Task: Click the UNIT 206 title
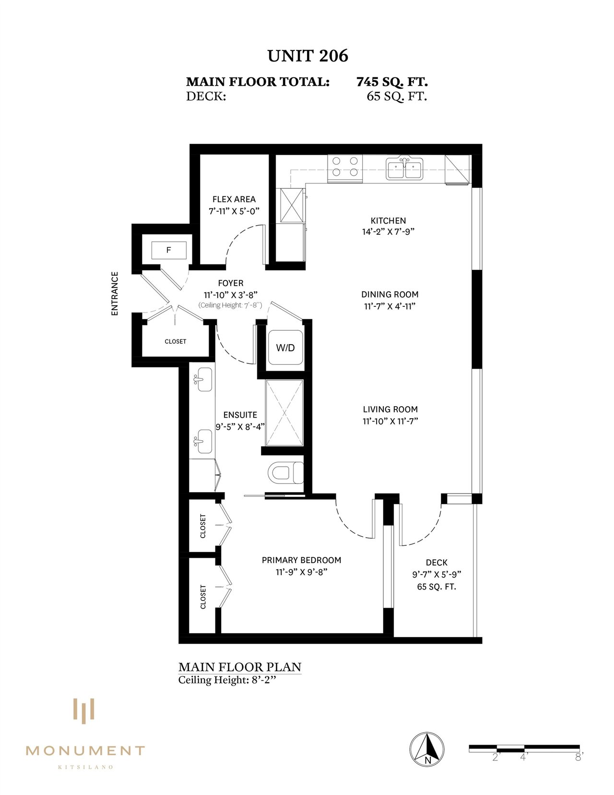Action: pos(308,56)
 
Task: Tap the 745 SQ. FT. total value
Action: pos(392,82)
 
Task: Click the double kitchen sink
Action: pos(404,168)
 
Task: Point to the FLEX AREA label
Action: pos(234,199)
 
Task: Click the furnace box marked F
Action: pos(169,250)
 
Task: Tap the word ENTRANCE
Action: pos(115,293)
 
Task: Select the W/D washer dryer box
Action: pos(285,348)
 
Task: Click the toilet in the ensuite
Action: pos(286,473)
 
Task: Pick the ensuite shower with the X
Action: pos(285,413)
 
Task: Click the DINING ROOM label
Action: pos(390,294)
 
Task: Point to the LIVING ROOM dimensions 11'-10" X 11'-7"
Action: pos(390,421)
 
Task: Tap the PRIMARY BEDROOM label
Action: pos(302,560)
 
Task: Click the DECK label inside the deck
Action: pos(437,563)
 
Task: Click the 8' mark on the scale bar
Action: pos(578,758)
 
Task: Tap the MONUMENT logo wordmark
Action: pos(85,751)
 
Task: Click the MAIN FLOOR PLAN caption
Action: pos(240,667)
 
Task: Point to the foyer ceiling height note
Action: pos(230,305)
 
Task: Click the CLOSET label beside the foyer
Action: pos(176,341)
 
